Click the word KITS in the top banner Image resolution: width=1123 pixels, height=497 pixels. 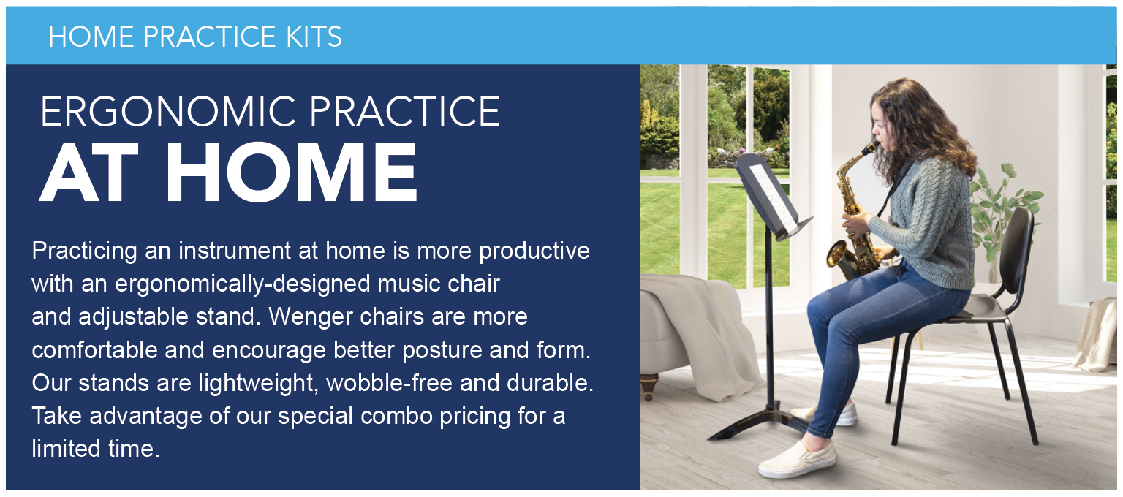pos(314,37)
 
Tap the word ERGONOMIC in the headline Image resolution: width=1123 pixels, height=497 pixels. pos(168,112)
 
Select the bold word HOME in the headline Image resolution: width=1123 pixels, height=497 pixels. pos(292,172)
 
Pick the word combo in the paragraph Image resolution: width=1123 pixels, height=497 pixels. pos(396,416)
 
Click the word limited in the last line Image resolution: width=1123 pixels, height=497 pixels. pos(67,449)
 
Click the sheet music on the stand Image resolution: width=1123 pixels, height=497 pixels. pos(771,198)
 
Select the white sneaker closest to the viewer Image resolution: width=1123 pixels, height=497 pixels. pos(797,459)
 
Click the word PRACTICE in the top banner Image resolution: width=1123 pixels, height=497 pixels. pos(210,37)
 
